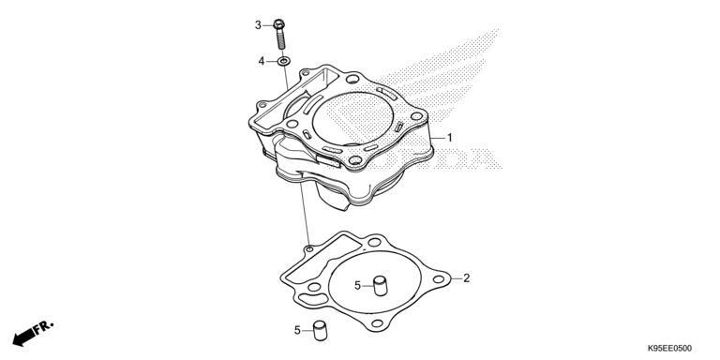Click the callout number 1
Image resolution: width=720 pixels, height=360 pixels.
(449, 138)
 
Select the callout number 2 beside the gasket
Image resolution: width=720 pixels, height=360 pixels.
(466, 278)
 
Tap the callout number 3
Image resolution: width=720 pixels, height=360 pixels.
(258, 24)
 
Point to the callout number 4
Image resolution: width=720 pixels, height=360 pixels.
(262, 61)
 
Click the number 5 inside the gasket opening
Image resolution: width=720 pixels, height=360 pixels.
(357, 284)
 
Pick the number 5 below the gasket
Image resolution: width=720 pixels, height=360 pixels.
(297, 330)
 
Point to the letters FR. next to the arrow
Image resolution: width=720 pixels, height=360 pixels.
(44, 326)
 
